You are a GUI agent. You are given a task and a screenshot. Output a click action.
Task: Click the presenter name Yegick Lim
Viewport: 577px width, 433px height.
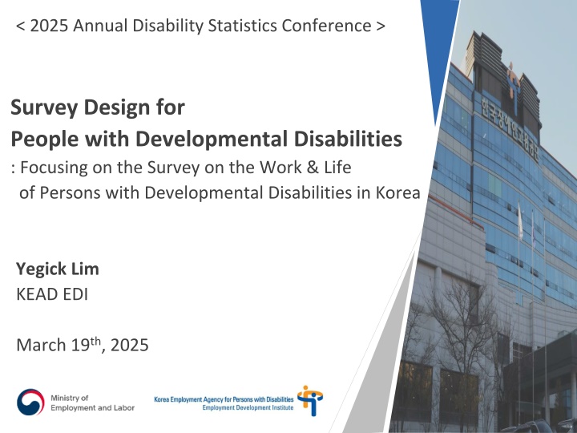[x=57, y=270]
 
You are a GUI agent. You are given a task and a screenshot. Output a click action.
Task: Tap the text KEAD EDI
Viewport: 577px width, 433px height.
[x=52, y=294]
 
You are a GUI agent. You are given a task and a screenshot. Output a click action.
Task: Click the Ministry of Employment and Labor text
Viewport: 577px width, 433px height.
[x=91, y=403]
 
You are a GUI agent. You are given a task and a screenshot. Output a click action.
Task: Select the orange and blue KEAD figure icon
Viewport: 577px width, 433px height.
[x=309, y=399]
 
